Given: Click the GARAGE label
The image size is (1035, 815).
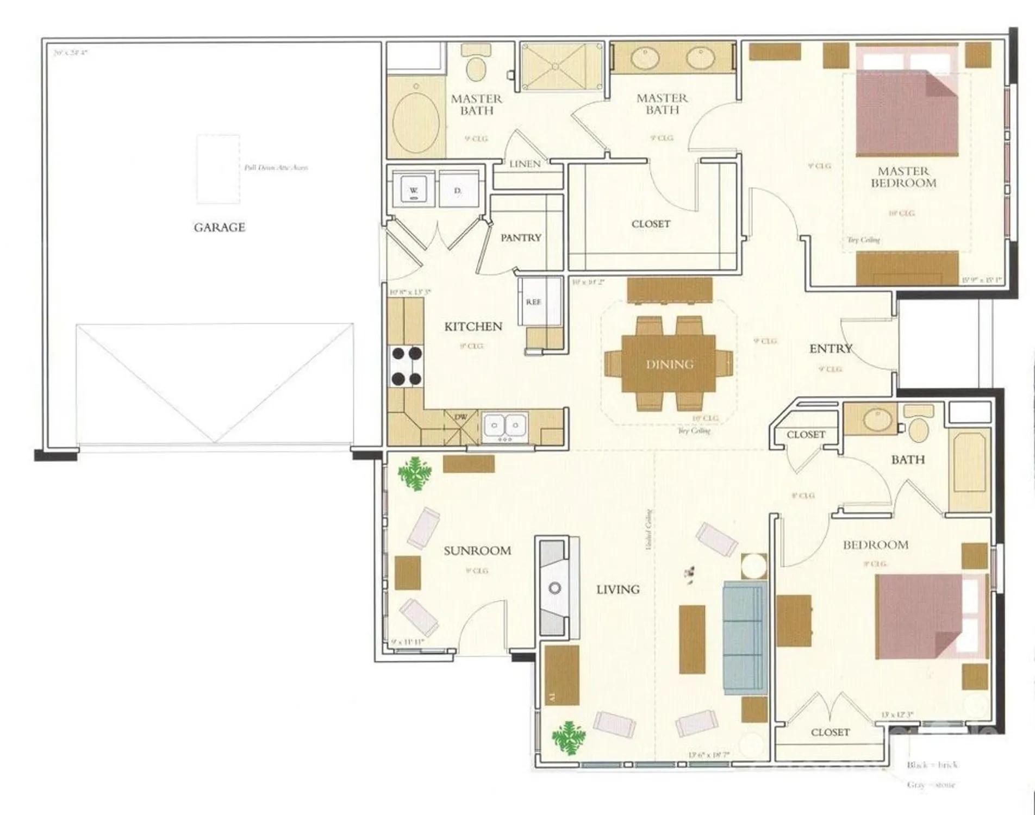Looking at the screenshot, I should click(x=220, y=227).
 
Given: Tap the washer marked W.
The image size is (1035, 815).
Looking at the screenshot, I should click(x=414, y=190).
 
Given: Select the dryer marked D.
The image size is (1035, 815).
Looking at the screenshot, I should click(x=458, y=190).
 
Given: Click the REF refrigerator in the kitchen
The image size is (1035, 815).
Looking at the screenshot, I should click(x=534, y=302).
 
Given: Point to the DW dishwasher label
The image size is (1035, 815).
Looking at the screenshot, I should click(x=461, y=417).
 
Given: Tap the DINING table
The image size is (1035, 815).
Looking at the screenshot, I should click(x=669, y=364).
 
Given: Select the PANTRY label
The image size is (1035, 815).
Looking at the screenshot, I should click(x=521, y=238).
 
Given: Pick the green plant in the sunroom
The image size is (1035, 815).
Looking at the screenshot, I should click(x=414, y=473).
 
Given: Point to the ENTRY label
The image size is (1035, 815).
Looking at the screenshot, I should click(x=831, y=349).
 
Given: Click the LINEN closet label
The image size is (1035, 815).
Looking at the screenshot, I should click(x=525, y=164).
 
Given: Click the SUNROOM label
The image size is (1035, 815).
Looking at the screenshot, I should click(x=477, y=550).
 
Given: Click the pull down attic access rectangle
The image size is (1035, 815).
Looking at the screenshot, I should click(x=218, y=169).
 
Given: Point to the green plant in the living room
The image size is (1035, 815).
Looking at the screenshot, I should click(x=569, y=737).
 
